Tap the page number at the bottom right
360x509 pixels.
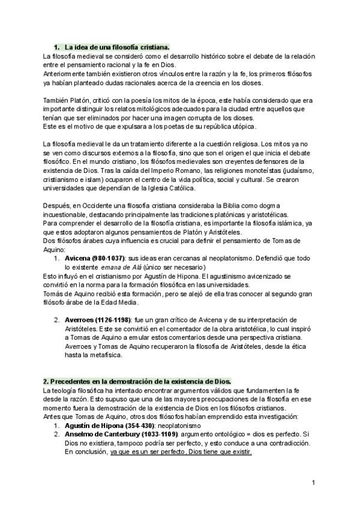pyautogui.click(x=314, y=482)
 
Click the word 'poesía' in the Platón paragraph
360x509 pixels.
pyautogui.click(x=134, y=100)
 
